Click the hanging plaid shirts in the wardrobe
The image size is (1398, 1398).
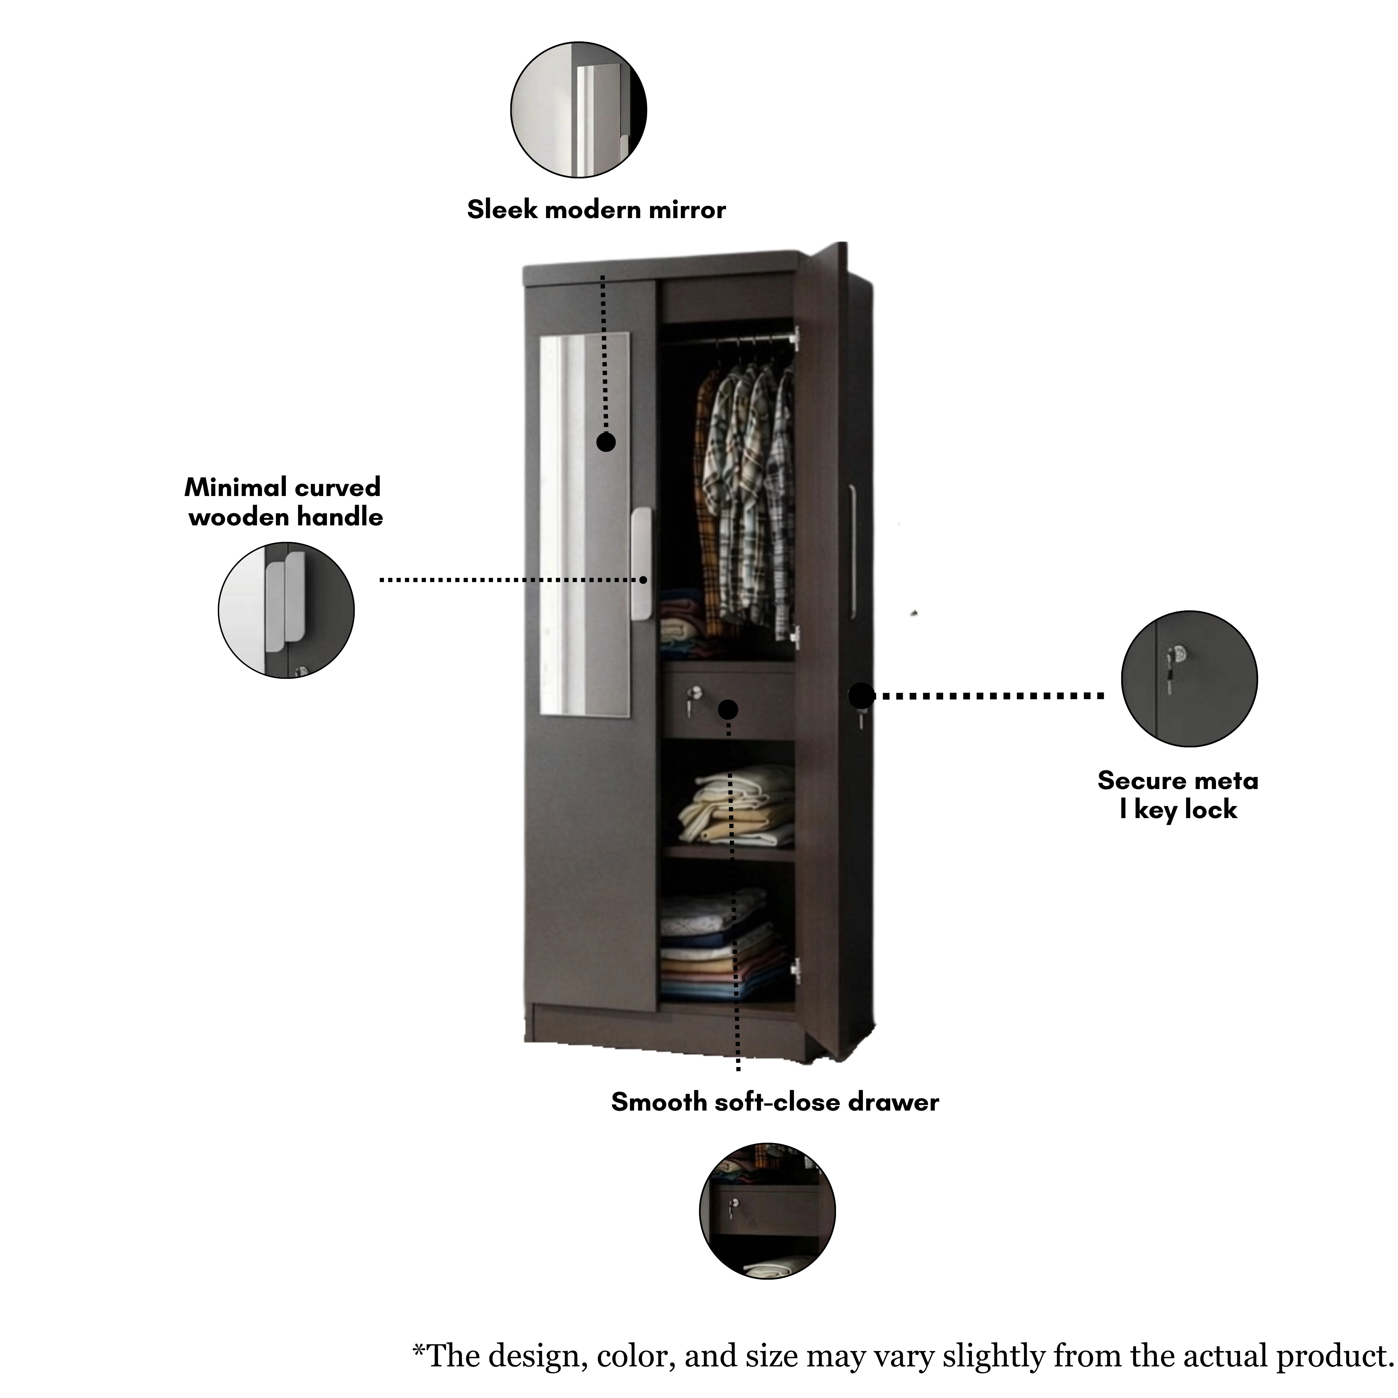745,499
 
